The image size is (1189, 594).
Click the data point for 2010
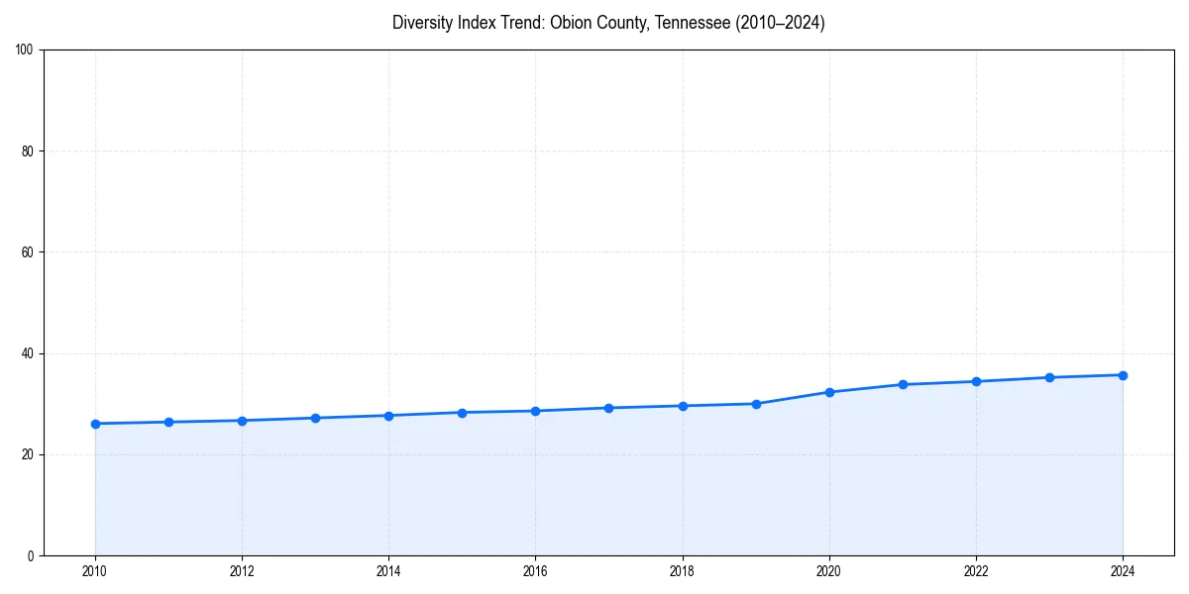[x=95, y=424]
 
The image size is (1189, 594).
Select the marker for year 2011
[x=168, y=422]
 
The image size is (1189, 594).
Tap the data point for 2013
[x=315, y=418]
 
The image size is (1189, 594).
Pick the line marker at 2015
[x=462, y=412]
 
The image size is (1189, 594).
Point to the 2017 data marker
[x=608, y=408]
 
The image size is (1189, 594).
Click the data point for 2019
[x=756, y=404]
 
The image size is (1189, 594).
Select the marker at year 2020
[x=829, y=392]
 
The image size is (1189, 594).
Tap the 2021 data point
[x=903, y=384]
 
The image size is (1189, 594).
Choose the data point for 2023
[x=1049, y=377]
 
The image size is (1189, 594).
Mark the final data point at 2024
[x=1123, y=375]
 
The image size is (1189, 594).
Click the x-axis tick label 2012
[x=242, y=571]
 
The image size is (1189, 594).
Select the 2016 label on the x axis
[x=535, y=571]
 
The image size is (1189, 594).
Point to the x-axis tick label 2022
[x=976, y=571]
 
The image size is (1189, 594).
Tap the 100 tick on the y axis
[x=25, y=49]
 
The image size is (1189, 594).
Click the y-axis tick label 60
[x=28, y=252]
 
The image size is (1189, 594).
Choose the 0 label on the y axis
[x=31, y=555]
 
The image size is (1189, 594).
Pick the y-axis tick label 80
[x=28, y=151]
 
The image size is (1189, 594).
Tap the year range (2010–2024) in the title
[x=781, y=23]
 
